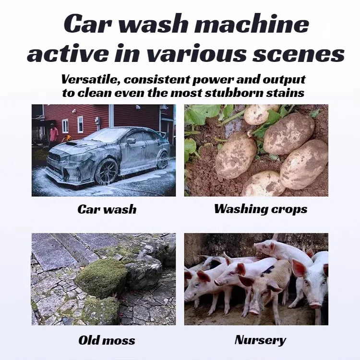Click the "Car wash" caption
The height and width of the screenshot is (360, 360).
pyautogui.click(x=107, y=209)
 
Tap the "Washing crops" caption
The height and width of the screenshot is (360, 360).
pyautogui.click(x=261, y=209)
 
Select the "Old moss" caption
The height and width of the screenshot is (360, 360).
pyautogui.click(x=107, y=341)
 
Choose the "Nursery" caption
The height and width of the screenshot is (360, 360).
pyautogui.click(x=260, y=340)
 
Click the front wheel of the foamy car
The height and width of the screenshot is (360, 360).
pyautogui.click(x=106, y=171)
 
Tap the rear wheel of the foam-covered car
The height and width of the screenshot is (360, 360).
pyautogui.click(x=163, y=160)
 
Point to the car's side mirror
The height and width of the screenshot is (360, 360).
pyautogui.click(x=131, y=141)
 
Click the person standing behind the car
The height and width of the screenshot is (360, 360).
pyautogui.click(x=54, y=137)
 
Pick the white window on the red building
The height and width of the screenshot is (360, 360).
pyautogui.click(x=80, y=124)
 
